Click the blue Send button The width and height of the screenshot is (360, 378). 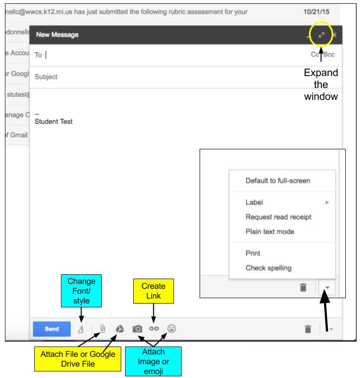click(52, 329)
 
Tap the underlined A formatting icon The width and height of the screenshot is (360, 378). click(81, 329)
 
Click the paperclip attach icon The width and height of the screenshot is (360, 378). click(103, 329)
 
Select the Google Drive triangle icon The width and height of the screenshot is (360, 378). click(120, 329)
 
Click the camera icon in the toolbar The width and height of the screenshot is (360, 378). click(138, 329)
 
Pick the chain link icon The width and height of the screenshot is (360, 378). click(154, 329)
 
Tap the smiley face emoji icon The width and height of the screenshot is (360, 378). click(171, 329)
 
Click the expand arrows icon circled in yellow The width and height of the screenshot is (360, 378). click(321, 35)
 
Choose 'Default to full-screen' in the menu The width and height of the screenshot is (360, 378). click(278, 180)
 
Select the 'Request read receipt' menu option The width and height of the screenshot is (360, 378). click(278, 217)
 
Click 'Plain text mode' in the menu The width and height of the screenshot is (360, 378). click(270, 232)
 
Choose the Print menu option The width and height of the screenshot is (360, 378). click(253, 253)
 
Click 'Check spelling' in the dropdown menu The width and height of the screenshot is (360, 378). click(269, 268)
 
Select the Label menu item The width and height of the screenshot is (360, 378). click(254, 202)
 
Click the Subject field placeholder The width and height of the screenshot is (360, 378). click(46, 77)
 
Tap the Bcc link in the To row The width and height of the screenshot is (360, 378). click(329, 54)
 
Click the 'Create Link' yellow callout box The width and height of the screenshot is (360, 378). click(153, 291)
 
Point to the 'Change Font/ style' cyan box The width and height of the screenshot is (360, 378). click(82, 291)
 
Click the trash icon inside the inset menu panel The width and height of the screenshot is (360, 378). click(303, 287)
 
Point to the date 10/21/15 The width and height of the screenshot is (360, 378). click(316, 12)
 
